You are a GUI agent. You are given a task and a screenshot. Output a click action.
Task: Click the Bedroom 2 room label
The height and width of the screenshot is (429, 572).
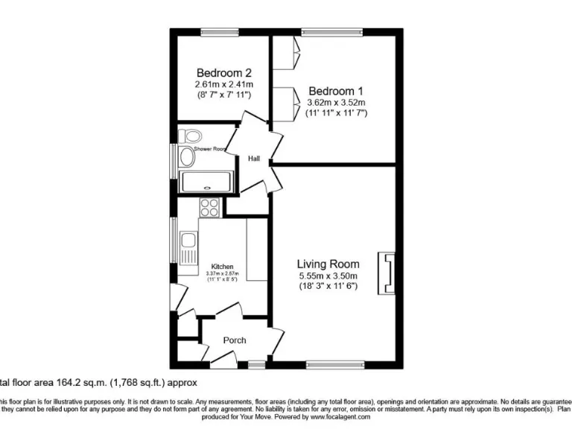pyautogui.click(x=223, y=73)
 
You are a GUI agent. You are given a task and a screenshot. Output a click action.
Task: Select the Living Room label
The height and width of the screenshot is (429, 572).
pyautogui.click(x=328, y=264)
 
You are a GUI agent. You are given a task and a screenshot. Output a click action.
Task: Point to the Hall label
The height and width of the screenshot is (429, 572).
pyautogui.click(x=254, y=158)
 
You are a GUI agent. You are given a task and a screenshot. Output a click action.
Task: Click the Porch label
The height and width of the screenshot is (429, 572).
pyautogui.click(x=235, y=340)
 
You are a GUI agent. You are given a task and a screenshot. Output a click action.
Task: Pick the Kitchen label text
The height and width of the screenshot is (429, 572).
pyautogui.click(x=222, y=267)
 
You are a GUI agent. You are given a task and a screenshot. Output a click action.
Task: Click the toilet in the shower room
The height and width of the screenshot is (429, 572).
pyautogui.click(x=191, y=136)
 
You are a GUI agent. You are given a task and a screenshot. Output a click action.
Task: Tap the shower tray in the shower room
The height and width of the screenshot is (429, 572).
pyautogui.click(x=206, y=178)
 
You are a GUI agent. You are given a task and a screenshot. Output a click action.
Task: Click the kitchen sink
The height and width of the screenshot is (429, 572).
pyautogui.click(x=189, y=241)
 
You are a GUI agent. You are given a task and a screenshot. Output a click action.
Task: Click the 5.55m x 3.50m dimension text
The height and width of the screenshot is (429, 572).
pyautogui.click(x=328, y=276)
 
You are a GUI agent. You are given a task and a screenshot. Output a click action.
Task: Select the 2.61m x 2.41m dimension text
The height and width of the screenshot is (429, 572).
pyautogui.click(x=223, y=84)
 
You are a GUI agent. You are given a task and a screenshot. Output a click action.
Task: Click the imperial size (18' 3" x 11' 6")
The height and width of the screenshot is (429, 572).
pyautogui.click(x=328, y=286)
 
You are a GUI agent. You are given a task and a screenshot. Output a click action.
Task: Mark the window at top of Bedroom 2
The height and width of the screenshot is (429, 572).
pyautogui.click(x=214, y=31)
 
